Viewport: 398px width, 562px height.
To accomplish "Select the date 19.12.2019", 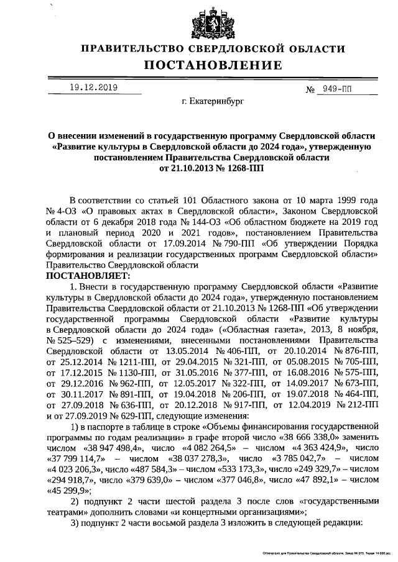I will (93, 88).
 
